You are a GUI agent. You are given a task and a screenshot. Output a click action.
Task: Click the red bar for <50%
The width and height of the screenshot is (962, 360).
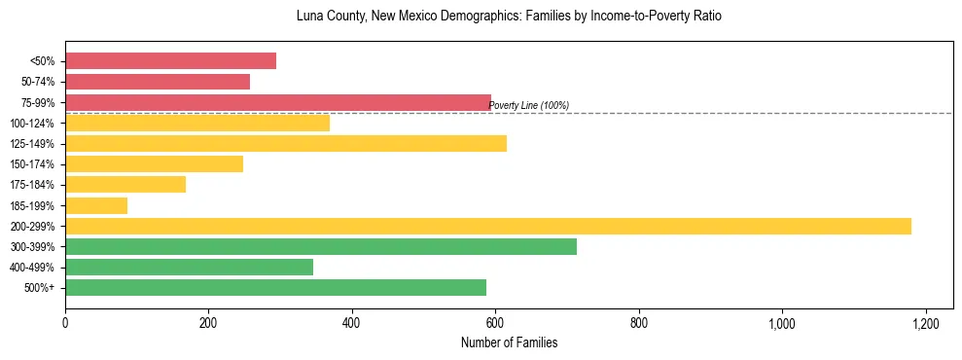coord(170,61)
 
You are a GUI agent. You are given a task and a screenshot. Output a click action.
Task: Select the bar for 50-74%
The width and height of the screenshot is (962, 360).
coord(158,82)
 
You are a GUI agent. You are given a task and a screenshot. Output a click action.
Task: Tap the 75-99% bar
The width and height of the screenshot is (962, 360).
coord(278,102)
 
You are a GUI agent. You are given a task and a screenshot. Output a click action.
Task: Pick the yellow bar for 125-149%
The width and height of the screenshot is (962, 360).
coord(286,144)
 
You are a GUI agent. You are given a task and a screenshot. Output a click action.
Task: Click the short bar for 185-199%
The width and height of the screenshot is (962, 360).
coord(96,205)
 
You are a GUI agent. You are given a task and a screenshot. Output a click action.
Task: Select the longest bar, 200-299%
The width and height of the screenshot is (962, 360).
coord(488,226)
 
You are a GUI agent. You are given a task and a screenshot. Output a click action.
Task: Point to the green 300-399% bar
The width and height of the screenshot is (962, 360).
coord(321,246)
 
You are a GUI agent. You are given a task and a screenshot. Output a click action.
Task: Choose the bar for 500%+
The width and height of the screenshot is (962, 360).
coord(275,287)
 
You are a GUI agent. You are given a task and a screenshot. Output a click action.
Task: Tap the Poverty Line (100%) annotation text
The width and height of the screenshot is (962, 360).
coord(528,105)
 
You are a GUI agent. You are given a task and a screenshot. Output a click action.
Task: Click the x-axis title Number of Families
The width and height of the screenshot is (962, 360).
coord(509,342)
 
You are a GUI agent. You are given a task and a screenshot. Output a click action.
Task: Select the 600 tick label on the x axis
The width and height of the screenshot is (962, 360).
coord(495,323)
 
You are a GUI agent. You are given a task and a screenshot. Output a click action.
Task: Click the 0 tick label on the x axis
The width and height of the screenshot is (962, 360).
coord(65,323)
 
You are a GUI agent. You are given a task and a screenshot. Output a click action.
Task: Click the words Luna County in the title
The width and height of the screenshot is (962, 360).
coord(298,17)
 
